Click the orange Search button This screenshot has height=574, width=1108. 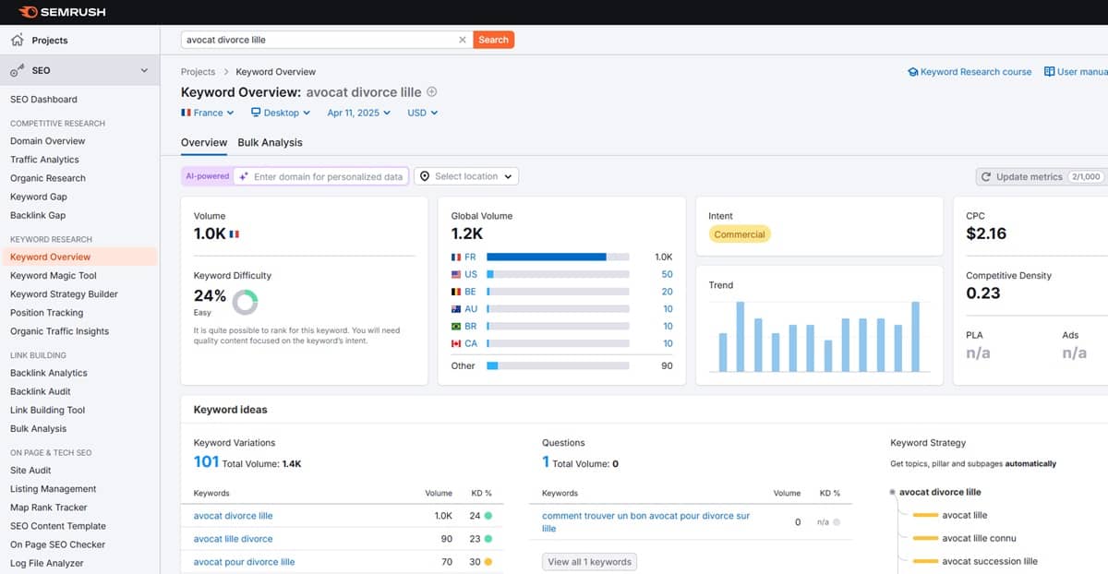tap(493, 40)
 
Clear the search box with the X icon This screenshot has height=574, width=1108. tap(463, 40)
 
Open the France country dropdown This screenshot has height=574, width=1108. tap(207, 113)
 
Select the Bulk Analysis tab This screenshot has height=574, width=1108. tap(270, 142)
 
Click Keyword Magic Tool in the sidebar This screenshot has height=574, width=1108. tap(54, 275)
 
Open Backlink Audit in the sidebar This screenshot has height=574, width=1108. tap(40, 391)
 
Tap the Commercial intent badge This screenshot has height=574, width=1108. tap(739, 234)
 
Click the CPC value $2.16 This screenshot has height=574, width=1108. tap(986, 233)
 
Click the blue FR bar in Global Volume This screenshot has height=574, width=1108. tap(546, 257)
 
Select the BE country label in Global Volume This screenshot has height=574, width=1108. tap(470, 292)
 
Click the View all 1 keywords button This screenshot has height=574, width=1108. tap(589, 562)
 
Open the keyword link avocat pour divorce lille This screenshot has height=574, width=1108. tap(244, 562)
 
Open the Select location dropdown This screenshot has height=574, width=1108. tap(466, 176)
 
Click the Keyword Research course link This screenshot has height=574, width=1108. tap(970, 72)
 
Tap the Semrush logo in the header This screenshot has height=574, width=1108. tap(62, 12)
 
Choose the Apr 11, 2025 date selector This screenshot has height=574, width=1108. tap(358, 113)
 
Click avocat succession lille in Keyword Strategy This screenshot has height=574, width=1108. tap(990, 561)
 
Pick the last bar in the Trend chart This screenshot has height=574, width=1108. tap(916, 336)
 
